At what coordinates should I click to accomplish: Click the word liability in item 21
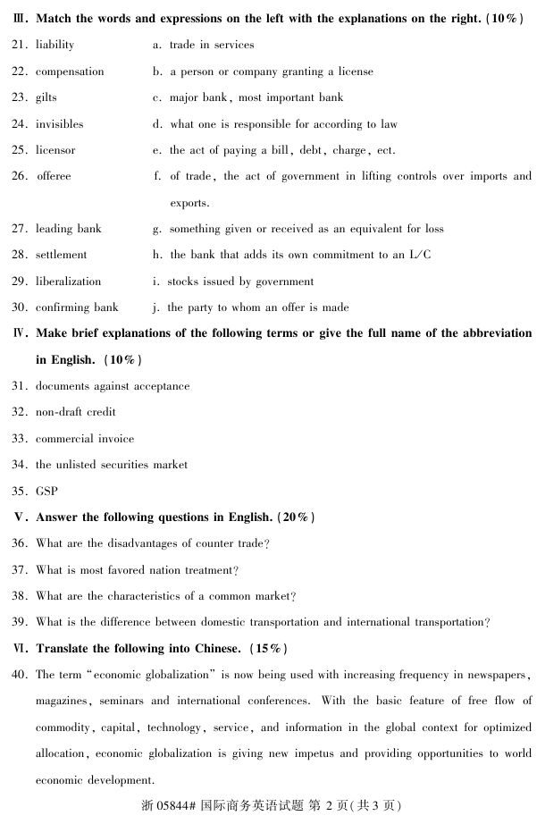54,45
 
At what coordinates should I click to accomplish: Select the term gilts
46,97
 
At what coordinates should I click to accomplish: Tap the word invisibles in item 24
59,124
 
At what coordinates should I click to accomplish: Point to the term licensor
55,150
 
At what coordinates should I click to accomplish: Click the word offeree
54,176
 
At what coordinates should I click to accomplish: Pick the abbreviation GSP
46,492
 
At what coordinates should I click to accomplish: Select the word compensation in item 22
70,71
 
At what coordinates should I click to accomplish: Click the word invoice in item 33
114,439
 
